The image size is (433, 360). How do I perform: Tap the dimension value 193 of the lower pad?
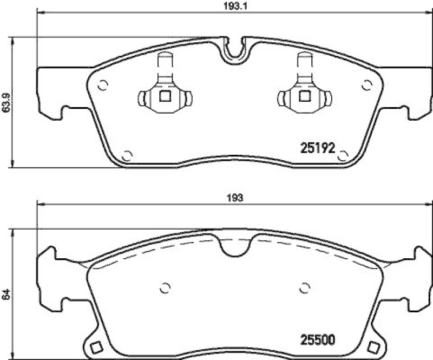[x=234, y=198]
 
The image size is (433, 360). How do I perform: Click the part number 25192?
[x=319, y=147]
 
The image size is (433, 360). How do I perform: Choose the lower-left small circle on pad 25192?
[x=127, y=156]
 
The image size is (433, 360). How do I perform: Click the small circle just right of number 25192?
[x=342, y=156]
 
